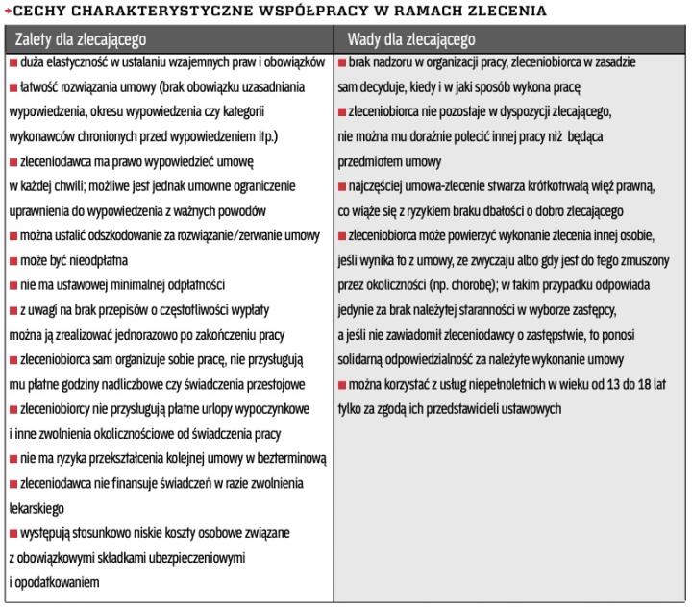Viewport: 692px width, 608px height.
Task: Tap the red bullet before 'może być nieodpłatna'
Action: coord(12,260)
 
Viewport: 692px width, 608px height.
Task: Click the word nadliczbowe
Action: coord(166,385)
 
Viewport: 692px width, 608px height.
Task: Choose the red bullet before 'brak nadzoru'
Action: coord(342,62)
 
